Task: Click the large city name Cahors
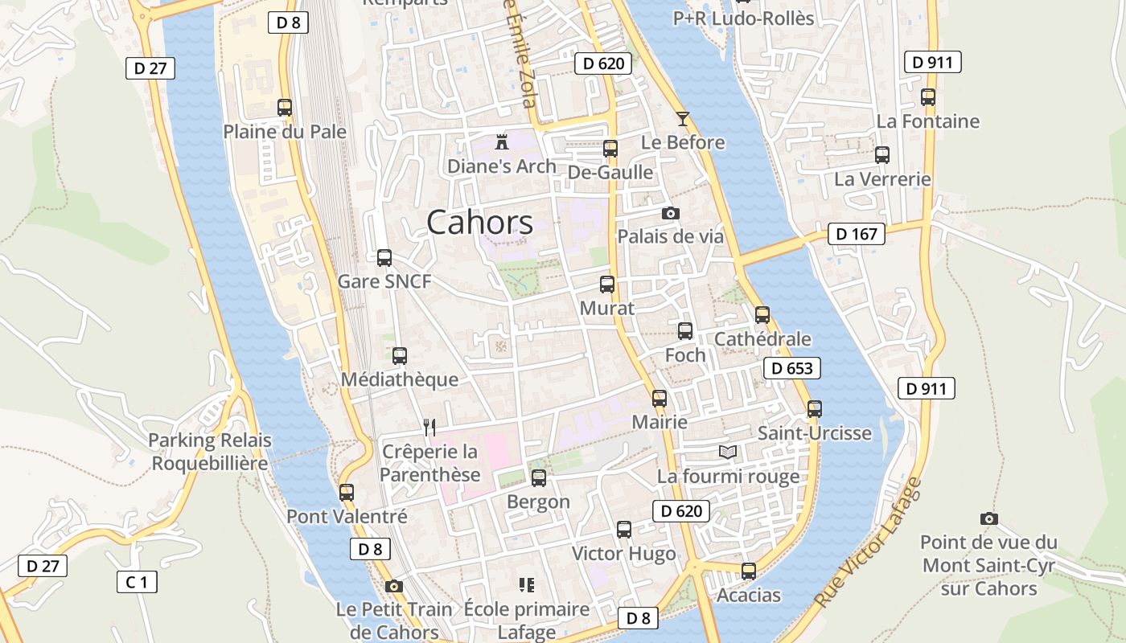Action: click(x=479, y=223)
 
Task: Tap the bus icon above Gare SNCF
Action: click(x=384, y=258)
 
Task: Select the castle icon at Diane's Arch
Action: click(x=502, y=142)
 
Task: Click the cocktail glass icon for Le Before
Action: click(x=683, y=119)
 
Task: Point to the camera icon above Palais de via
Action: click(x=670, y=213)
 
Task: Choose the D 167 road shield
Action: click(x=857, y=234)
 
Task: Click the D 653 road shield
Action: click(x=792, y=368)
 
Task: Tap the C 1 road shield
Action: click(x=137, y=582)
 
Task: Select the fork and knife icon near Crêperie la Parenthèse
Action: click(x=429, y=427)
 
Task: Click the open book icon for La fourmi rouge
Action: click(x=728, y=453)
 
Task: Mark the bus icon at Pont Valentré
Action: click(x=347, y=493)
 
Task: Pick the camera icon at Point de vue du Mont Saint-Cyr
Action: click(x=989, y=518)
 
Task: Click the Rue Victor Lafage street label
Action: click(x=868, y=543)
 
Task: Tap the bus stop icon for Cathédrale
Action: click(x=762, y=315)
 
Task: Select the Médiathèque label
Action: click(x=400, y=379)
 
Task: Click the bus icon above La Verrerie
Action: click(x=882, y=155)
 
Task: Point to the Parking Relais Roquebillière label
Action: click(x=210, y=452)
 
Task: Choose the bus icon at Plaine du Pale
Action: click(x=284, y=107)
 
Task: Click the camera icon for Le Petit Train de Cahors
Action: click(x=393, y=586)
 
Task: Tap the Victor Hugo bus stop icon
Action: click(x=624, y=530)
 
